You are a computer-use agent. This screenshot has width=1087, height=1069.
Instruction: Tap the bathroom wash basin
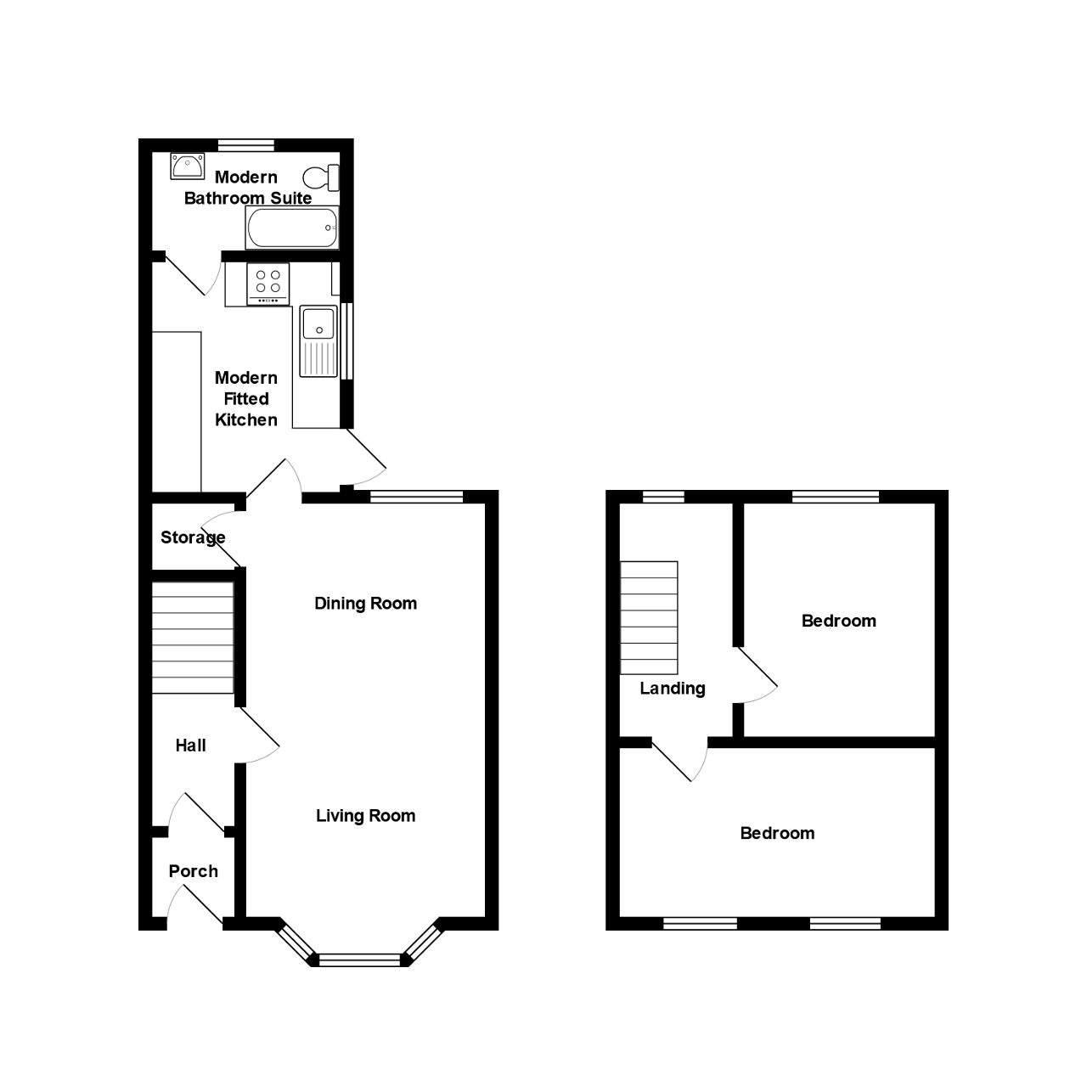(x=186, y=166)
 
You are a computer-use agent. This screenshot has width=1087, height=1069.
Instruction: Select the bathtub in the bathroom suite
(x=292, y=228)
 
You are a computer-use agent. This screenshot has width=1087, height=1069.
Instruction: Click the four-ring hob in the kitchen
(x=268, y=284)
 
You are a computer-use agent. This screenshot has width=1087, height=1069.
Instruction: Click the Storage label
(x=193, y=537)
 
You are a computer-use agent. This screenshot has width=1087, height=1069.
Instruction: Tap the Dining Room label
(x=365, y=604)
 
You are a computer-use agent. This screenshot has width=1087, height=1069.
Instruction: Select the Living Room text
(x=365, y=816)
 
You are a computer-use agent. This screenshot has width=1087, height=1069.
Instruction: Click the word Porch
(x=193, y=871)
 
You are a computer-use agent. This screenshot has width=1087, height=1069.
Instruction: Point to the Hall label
(x=190, y=745)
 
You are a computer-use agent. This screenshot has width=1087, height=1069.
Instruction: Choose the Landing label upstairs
(x=672, y=689)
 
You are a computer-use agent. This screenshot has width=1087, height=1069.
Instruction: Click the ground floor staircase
(x=192, y=638)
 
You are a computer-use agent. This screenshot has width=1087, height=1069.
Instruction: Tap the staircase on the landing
(x=650, y=617)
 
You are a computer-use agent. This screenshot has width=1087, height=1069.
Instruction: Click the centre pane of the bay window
(x=358, y=960)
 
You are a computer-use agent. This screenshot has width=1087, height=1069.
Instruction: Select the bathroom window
(x=246, y=144)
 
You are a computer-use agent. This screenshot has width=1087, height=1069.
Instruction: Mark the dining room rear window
(x=416, y=497)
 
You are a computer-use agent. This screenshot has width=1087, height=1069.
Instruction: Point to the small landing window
(x=663, y=497)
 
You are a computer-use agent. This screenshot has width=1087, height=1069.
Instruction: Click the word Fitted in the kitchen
(x=246, y=399)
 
